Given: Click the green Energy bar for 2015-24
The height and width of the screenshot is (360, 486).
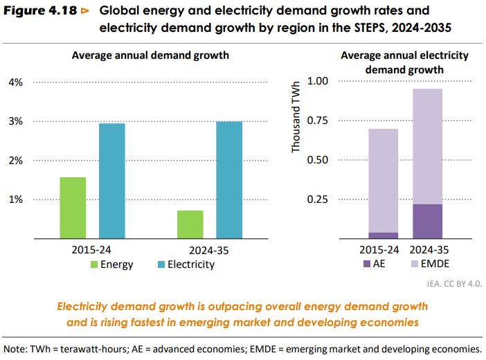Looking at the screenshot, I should (73, 208).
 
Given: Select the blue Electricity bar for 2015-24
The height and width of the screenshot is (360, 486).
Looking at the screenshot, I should (112, 181).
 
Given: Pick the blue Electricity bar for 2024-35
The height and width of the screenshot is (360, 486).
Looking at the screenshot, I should (229, 180).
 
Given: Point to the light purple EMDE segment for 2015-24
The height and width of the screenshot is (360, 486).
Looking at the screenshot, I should (383, 180).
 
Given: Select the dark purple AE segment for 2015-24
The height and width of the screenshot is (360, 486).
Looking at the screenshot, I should (383, 235).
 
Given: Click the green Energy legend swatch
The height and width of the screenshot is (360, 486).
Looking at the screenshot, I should (93, 264).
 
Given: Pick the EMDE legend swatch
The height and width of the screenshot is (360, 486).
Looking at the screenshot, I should (415, 264).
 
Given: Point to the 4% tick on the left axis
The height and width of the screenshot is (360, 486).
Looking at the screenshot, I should (15, 82).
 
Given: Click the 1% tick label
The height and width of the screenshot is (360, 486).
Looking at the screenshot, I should (15, 199).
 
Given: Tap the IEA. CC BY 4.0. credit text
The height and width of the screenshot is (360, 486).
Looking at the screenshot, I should (453, 284).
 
